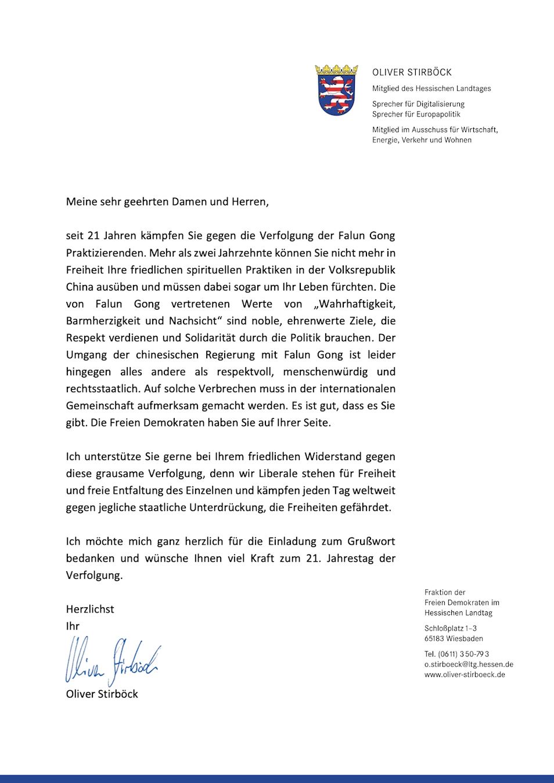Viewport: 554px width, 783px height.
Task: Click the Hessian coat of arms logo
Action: point(336,90)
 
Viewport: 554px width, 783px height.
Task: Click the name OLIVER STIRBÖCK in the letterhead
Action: point(412,72)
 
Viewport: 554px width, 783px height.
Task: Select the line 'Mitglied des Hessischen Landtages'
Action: point(431,89)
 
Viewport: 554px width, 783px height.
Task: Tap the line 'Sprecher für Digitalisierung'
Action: point(418,104)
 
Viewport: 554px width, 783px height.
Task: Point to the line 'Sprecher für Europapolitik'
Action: point(416,114)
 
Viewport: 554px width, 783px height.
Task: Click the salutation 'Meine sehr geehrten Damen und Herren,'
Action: point(167,202)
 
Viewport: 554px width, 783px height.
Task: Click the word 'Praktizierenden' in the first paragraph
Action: point(105,253)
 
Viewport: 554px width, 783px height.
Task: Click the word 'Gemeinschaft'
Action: point(100,405)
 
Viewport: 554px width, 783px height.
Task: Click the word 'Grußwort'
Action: point(371,541)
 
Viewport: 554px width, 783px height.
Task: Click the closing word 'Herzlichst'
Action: point(90,609)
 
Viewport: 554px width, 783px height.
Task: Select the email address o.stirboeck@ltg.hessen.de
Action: point(469,664)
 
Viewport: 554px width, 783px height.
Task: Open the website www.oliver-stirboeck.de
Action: point(465,675)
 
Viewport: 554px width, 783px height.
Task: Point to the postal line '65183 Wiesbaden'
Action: point(454,639)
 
